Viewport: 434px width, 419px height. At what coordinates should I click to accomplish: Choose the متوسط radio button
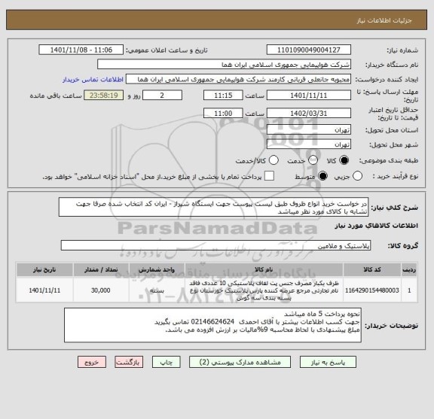click(322, 175)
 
